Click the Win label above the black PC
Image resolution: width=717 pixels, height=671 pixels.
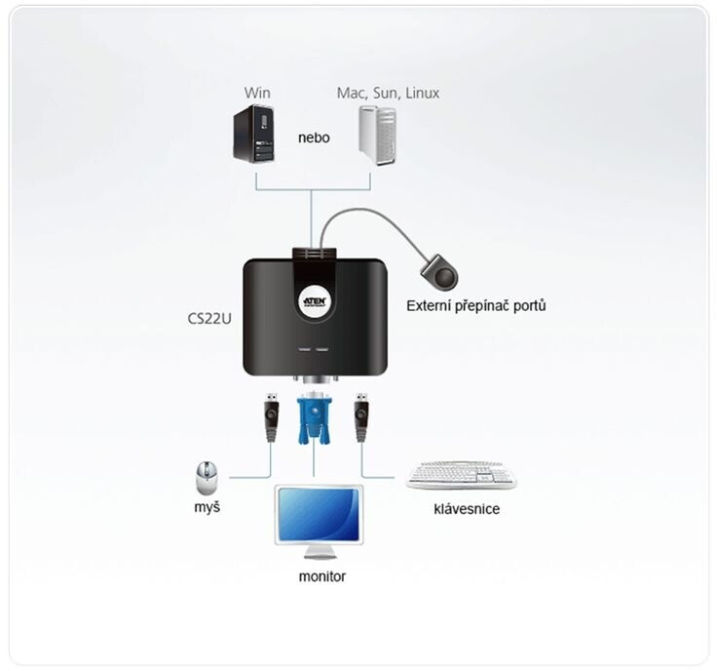tap(257, 93)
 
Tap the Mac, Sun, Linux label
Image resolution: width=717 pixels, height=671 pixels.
tap(388, 93)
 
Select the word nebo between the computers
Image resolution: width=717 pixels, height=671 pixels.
tap(314, 138)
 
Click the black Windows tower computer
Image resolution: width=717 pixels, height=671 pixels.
tap(256, 135)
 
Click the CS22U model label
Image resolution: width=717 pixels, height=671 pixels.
tap(209, 318)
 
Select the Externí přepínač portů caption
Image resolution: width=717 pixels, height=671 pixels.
tap(475, 305)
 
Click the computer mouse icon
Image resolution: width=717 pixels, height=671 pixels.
tap(207, 478)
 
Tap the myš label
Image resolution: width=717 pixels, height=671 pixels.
tap(207, 508)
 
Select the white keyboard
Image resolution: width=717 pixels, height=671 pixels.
tap(461, 476)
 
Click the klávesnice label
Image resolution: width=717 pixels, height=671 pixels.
tap(467, 508)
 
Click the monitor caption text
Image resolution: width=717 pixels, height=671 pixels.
tap(321, 575)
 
